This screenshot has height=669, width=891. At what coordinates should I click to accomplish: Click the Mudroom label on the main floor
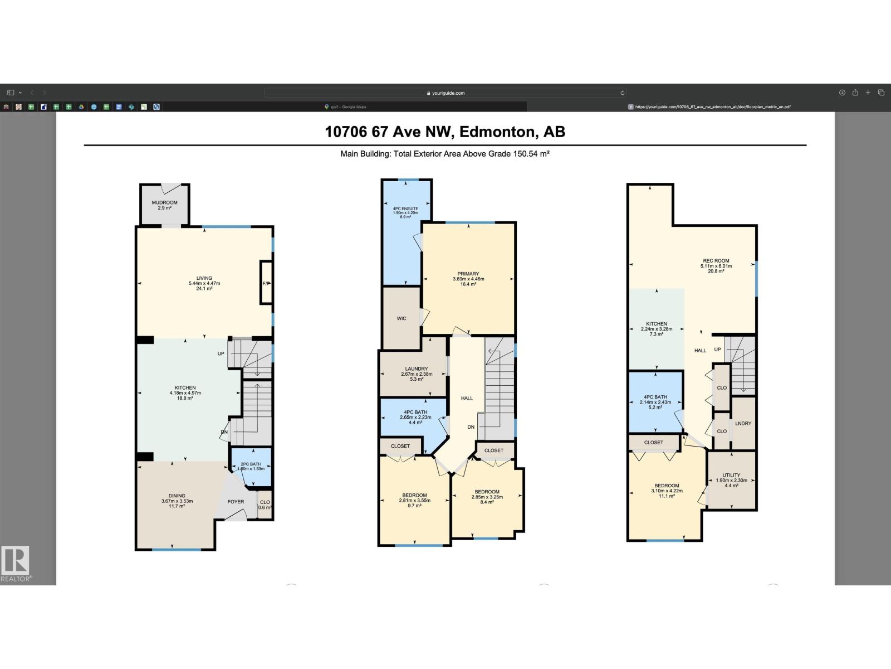click(164, 202)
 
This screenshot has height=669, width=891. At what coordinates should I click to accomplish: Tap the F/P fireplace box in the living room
click(266, 283)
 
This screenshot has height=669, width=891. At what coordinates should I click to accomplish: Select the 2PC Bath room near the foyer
click(251, 466)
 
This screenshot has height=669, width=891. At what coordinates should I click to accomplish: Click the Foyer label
click(236, 501)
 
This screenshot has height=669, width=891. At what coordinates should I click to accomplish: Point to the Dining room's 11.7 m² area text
click(177, 506)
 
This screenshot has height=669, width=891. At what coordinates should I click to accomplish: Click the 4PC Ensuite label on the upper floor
click(405, 209)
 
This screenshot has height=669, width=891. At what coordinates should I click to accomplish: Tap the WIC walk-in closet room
click(402, 318)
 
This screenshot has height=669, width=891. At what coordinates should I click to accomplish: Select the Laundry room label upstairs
click(417, 369)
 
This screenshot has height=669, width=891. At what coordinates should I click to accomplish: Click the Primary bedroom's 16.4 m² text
click(468, 284)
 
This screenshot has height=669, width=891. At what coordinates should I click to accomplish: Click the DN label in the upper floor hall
click(471, 427)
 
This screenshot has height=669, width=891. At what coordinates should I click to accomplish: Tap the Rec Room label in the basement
click(716, 260)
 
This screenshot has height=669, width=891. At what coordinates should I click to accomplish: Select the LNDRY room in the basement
click(743, 423)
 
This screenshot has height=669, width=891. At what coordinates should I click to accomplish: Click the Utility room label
click(731, 475)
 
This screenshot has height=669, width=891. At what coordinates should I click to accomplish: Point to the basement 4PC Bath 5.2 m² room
click(656, 402)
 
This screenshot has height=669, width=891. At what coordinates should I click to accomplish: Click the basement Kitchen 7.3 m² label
click(657, 329)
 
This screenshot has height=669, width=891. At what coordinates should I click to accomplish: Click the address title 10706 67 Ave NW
click(445, 132)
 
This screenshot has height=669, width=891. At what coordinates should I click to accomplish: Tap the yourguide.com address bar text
click(448, 93)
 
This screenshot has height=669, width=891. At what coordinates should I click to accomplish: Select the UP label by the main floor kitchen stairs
click(221, 353)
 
